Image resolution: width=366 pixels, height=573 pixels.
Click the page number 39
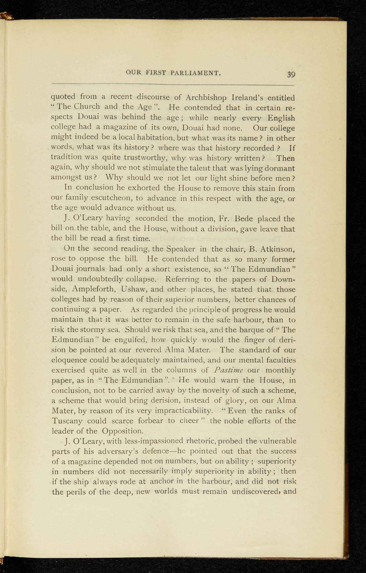click(291, 74)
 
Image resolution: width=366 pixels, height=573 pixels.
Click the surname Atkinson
click(274, 248)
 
